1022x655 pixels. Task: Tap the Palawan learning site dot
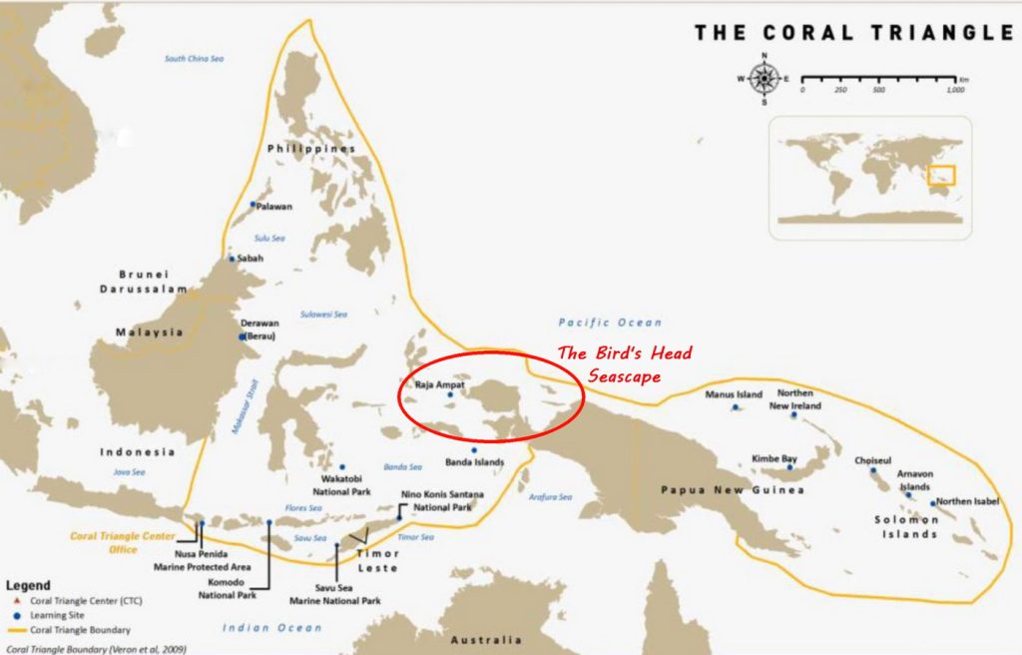coord(254,204)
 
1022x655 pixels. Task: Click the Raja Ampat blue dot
coord(450,395)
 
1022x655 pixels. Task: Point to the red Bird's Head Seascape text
coord(625,363)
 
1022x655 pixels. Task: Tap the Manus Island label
coord(734,394)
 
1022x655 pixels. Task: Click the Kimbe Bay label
coord(774,458)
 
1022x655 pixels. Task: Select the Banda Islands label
coord(474,462)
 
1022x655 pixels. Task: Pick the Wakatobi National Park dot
coord(341,467)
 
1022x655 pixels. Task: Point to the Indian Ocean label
coord(271,627)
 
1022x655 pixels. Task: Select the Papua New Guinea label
coord(733,490)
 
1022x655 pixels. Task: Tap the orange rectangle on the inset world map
coord(941,175)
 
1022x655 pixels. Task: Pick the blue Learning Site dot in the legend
coord(15,615)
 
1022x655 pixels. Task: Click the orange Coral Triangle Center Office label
coord(122,542)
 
